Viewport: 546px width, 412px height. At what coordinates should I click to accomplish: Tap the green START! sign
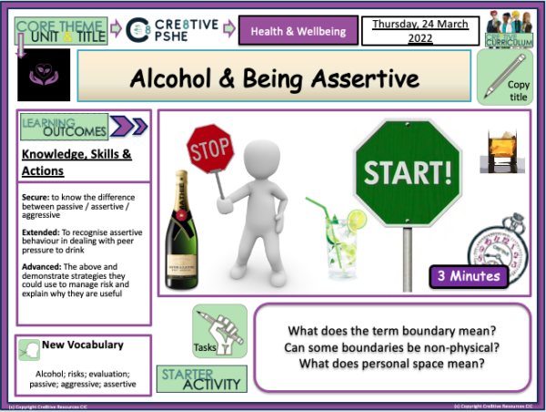coord(397,170)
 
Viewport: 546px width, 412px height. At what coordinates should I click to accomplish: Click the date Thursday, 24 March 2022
coord(411,31)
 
